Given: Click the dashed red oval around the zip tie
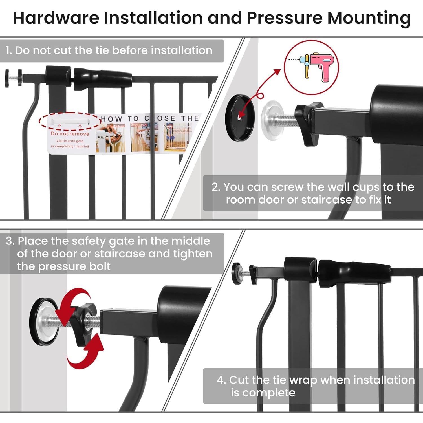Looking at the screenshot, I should (70, 121).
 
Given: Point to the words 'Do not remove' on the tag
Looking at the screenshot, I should (70, 134).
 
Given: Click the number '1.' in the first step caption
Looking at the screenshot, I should (9, 50).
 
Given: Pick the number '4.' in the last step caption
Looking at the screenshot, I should (221, 380).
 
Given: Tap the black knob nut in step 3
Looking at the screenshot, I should (81, 321).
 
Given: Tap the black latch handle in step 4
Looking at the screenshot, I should (354, 273).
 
